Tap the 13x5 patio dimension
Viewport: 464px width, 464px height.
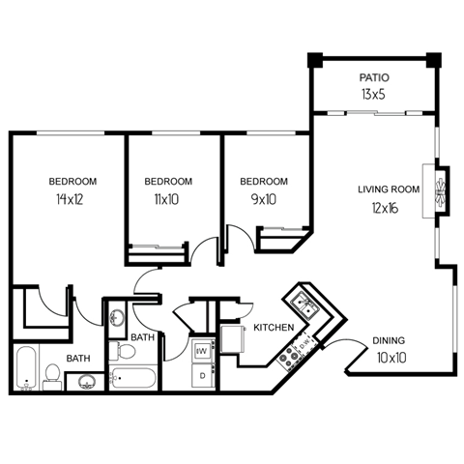coord(373,94)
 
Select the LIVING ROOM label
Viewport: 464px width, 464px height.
coord(389,189)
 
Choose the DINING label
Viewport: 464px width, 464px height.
coord(389,341)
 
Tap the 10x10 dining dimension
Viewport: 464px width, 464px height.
coord(389,359)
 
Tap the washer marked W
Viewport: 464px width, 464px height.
coord(201,350)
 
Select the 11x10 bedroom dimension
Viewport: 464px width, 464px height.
coord(168,200)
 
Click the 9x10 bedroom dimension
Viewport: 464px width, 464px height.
coord(264,200)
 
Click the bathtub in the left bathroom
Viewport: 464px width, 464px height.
coord(26,369)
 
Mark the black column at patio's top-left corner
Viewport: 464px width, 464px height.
coord(314,60)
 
